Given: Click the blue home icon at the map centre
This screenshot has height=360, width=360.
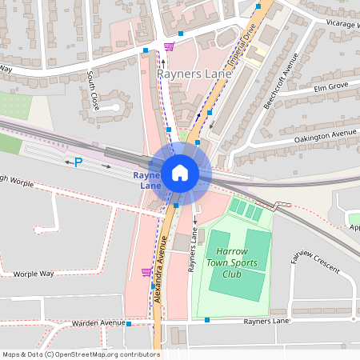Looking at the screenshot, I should (180, 172).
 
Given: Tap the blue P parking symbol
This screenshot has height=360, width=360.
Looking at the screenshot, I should (78, 162).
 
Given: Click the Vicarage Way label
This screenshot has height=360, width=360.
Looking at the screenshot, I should (343, 24).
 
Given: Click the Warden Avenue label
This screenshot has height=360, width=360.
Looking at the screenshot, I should (96, 324).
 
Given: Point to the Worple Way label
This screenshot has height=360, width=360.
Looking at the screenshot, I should (34, 274).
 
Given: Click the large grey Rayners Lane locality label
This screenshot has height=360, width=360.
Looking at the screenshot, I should (194, 74).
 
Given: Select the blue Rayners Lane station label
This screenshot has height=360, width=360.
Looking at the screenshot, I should (149, 180).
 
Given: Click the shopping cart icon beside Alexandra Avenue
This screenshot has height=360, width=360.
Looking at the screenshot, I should (146, 272).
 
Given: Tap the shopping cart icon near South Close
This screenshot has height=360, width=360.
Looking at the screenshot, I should (168, 46).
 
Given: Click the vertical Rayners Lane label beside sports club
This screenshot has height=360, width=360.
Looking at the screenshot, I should (193, 255).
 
